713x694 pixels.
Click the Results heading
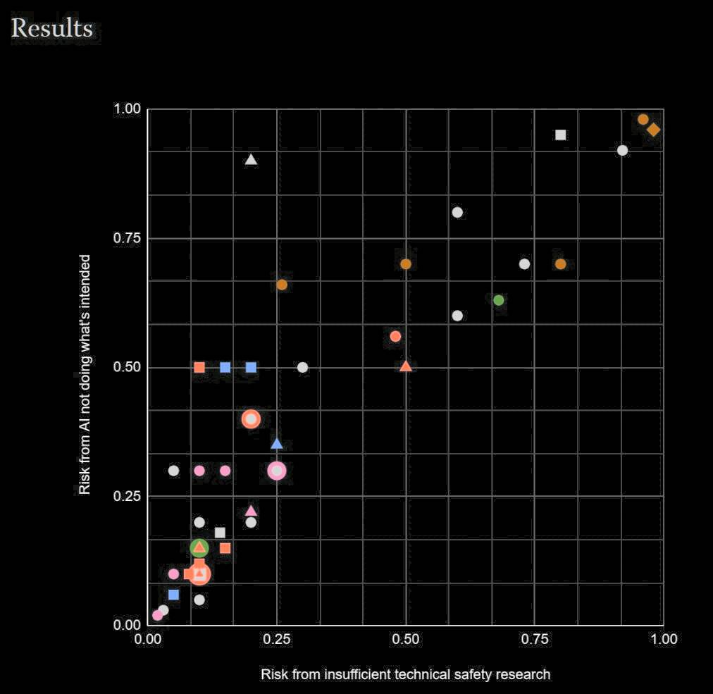click(51, 28)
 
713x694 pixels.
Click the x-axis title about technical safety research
click(405, 674)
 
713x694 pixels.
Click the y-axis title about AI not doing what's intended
click(85, 374)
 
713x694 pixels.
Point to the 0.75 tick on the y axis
click(128, 238)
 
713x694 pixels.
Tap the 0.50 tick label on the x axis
click(406, 639)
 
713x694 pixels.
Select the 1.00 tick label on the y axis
click(128, 109)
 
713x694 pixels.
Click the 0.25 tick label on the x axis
click(277, 639)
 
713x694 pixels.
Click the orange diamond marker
click(654, 130)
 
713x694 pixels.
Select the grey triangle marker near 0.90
click(251, 159)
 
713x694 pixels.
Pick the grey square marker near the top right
click(561, 135)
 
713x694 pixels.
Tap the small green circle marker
click(499, 300)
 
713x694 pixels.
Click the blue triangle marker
click(277, 444)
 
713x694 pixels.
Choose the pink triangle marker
click(251, 511)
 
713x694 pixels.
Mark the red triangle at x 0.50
click(406, 366)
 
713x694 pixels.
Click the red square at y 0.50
click(199, 367)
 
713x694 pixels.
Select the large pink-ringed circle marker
click(277, 471)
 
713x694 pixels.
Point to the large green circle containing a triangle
click(199, 547)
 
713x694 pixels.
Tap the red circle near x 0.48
click(395, 336)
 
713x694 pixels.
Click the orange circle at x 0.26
click(282, 285)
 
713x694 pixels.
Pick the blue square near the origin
click(174, 595)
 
